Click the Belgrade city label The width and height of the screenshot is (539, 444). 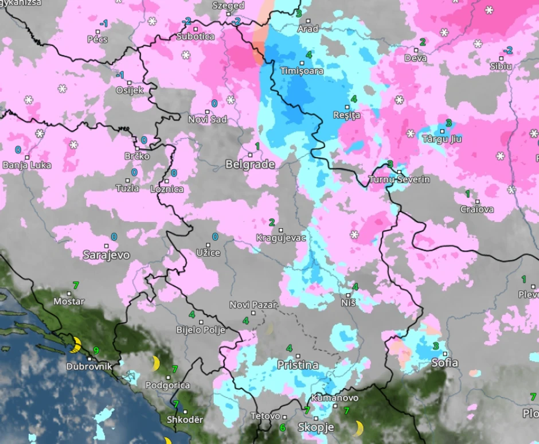click(x=250, y=165)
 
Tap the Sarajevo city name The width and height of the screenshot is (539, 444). click(x=106, y=255)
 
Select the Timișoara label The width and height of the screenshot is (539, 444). click(x=302, y=71)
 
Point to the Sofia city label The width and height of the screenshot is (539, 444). click(x=444, y=363)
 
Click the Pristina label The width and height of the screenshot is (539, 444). click(x=298, y=365)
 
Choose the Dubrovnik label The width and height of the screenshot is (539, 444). click(x=89, y=366)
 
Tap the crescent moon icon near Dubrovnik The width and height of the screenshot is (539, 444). click(x=75, y=345)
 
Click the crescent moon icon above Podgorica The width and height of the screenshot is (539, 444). click(x=155, y=363)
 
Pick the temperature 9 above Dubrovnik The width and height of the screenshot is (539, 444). click(x=96, y=350)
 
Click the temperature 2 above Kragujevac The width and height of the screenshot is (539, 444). click(x=272, y=223)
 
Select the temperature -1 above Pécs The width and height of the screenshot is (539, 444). click(x=104, y=24)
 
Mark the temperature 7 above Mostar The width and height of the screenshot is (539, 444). click(x=76, y=285)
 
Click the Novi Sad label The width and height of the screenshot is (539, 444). click(x=208, y=119)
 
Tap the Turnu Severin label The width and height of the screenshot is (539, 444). click(x=399, y=180)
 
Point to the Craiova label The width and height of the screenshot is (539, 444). click(x=476, y=209)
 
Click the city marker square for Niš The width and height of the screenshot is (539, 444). click(x=348, y=295)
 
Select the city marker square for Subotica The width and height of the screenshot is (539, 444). click(x=195, y=29)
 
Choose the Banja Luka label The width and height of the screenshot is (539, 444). click(x=27, y=165)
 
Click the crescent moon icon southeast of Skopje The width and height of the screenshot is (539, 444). click(x=358, y=428)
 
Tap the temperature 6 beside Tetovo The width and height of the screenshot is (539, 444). click(x=282, y=427)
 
